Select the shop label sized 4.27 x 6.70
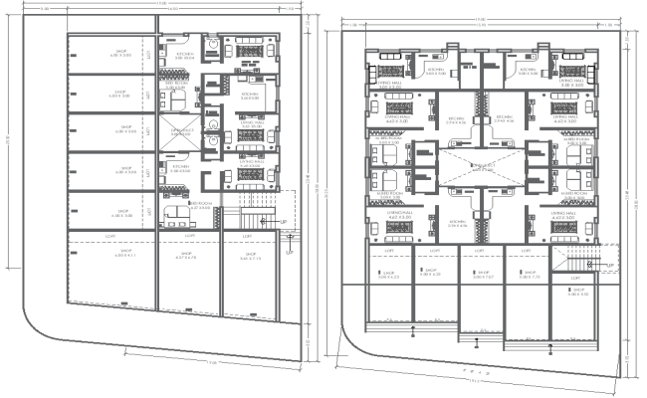(x=185, y=256)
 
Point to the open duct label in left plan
(x=178, y=132)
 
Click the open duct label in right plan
(x=483, y=168)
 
